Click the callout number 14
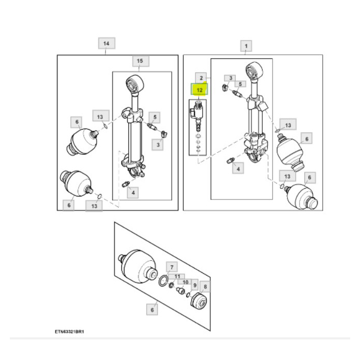point(106,43)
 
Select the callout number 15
point(139,61)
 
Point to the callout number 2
point(202,78)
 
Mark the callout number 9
point(195,285)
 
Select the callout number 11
point(177,276)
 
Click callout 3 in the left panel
point(158,146)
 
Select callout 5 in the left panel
point(152,116)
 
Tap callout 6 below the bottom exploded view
point(152,310)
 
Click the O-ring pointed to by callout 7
point(163,281)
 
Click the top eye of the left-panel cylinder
point(134,83)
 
